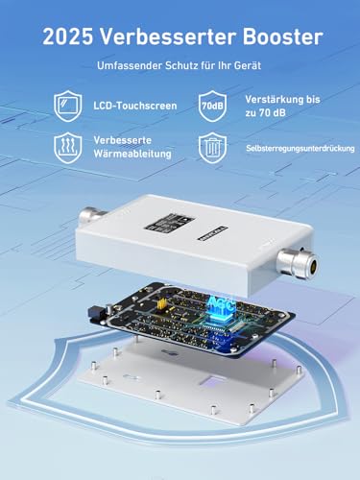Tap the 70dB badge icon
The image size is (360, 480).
coord(211,103)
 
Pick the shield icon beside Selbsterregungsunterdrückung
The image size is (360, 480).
coord(211,147)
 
